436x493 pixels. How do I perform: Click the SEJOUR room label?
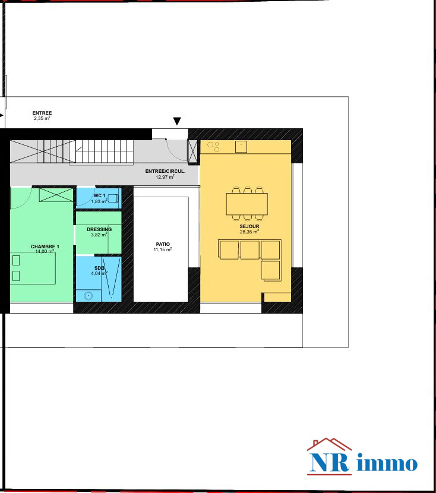249,226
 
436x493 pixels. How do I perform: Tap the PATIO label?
163,244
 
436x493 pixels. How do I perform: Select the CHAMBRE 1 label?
45,246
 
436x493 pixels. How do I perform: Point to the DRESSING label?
99,229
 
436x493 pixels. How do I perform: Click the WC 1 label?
99,195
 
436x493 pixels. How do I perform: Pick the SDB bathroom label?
99,268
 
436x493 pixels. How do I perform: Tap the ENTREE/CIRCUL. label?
165,171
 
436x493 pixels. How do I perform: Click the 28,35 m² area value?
249,232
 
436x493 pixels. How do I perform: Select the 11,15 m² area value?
163,249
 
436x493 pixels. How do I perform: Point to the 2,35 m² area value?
42,118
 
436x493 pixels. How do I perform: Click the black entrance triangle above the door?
177,121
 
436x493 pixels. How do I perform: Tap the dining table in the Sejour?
247,204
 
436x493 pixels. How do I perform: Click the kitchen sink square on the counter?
241,147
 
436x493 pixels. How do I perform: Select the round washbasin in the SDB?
89,296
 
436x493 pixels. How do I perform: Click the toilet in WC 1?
113,198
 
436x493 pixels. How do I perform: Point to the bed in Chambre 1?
33,268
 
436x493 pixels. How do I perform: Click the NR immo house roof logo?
329,444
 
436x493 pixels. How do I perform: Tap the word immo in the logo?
387,463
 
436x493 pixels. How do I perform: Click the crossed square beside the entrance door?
192,151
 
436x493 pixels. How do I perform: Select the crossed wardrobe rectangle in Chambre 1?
56,195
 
